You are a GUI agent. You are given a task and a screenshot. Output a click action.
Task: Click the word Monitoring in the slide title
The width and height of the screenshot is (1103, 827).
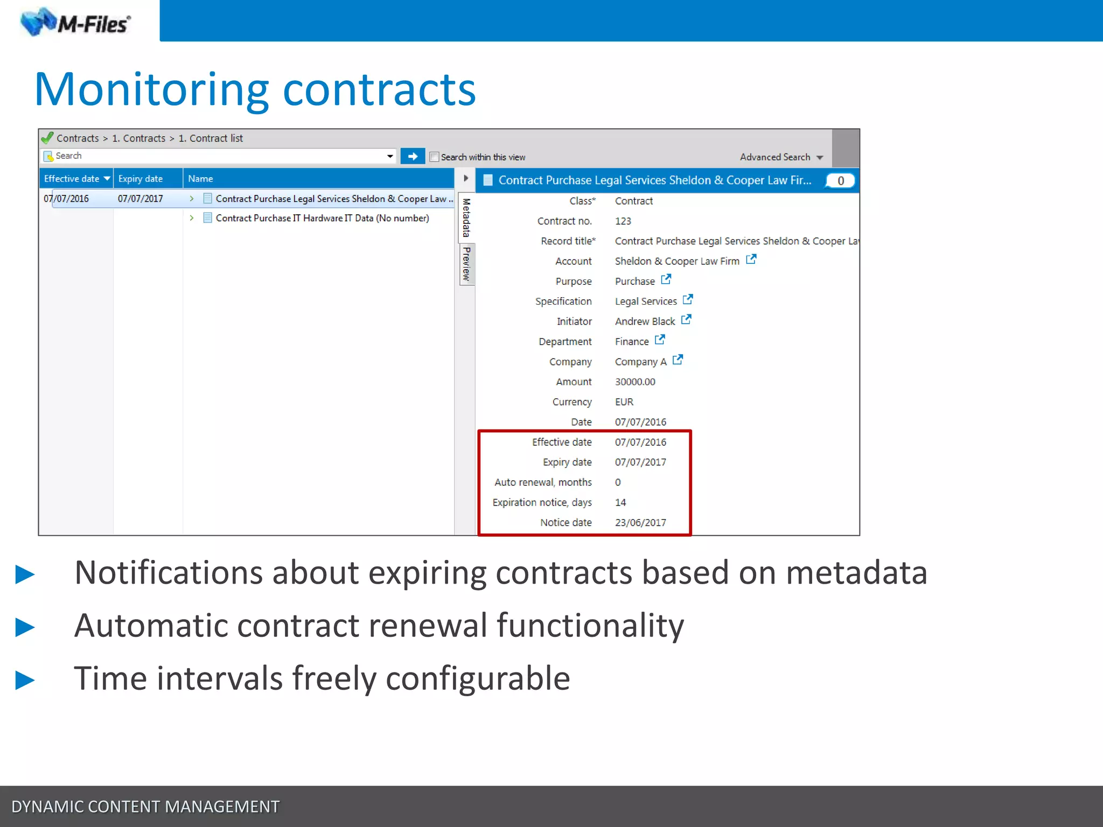pos(151,89)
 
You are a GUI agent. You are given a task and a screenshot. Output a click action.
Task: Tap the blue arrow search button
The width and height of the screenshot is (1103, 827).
pos(413,156)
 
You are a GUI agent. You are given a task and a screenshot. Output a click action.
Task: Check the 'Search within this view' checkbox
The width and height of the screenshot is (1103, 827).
pos(434,157)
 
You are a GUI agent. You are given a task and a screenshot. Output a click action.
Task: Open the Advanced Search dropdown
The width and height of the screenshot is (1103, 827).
pos(781,157)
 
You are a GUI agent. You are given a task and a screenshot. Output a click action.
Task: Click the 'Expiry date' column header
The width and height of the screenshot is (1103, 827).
pos(141,179)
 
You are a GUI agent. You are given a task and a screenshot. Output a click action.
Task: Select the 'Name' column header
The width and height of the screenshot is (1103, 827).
pos(200,179)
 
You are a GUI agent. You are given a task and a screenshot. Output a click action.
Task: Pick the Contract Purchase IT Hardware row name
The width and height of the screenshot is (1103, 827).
pos(322,218)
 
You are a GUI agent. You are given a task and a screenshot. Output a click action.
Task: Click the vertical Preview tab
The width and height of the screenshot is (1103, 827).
pos(466,264)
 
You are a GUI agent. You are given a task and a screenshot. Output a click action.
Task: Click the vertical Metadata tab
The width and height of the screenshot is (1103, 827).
pos(466,218)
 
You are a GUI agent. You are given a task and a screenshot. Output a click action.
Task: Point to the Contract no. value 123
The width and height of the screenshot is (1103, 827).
pos(623,221)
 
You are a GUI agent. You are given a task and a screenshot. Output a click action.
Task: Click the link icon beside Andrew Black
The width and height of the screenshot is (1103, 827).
pos(686,320)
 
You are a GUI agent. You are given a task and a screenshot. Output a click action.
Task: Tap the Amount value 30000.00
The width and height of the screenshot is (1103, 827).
pos(635,382)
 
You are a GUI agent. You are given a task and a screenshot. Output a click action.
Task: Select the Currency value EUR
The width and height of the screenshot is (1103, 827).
pos(624,402)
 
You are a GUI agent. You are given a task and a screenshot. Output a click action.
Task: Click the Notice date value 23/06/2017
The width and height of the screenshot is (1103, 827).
pos(640,523)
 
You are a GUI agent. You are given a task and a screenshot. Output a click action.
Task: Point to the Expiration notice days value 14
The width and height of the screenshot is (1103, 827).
pos(620,502)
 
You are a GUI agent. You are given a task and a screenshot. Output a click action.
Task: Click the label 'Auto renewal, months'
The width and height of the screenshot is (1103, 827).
pos(543,482)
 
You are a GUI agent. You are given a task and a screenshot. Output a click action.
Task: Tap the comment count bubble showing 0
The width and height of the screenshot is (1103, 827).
pos(840,181)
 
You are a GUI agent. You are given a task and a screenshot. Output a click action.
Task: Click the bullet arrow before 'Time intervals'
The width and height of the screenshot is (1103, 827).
pos(25,680)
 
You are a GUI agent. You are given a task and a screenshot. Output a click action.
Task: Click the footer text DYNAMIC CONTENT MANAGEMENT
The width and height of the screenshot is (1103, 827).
pos(145,807)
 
